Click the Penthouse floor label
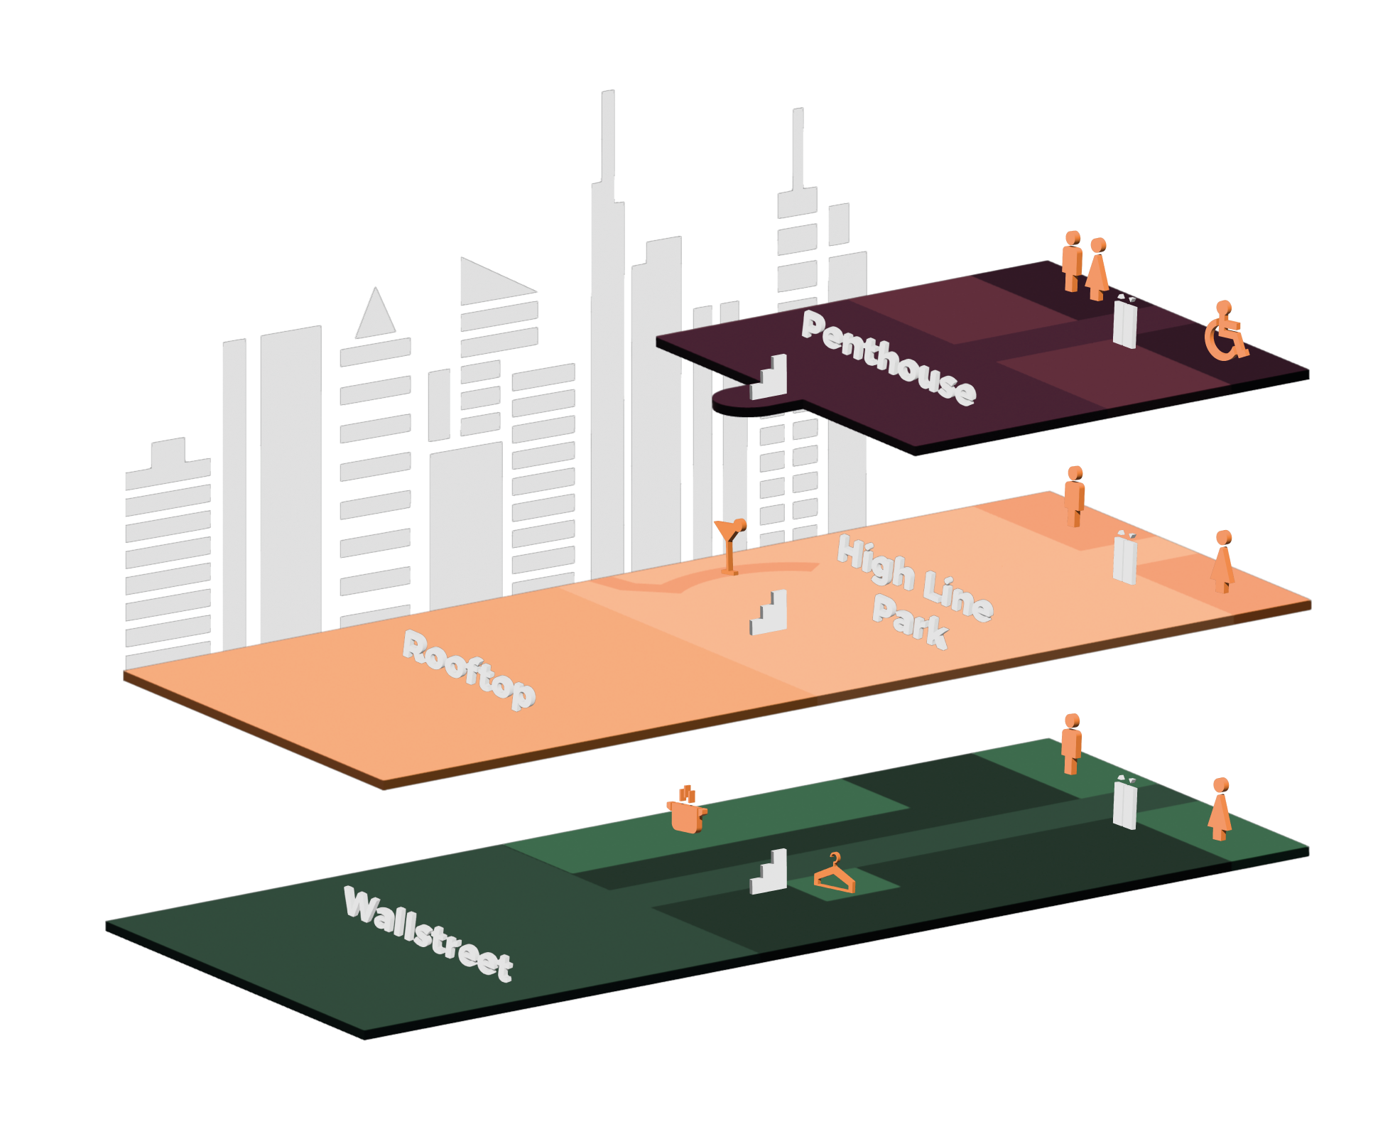click(x=889, y=358)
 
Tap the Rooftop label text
click(x=469, y=669)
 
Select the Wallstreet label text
click(x=428, y=934)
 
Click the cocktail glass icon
click(x=730, y=544)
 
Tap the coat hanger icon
click(x=835, y=875)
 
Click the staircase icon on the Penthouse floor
click(x=770, y=377)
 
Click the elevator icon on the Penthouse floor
click(x=1125, y=323)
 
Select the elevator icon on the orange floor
click(x=1125, y=558)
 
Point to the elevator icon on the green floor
click(x=1125, y=803)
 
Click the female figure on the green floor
click(x=1220, y=809)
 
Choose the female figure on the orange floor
click(x=1222, y=561)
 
